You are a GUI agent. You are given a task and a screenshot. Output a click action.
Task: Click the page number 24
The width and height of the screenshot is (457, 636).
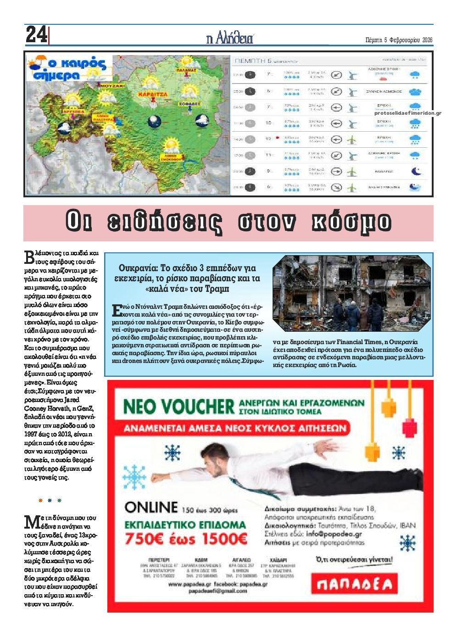36,35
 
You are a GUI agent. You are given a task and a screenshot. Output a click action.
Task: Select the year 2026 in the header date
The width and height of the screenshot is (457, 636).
427,40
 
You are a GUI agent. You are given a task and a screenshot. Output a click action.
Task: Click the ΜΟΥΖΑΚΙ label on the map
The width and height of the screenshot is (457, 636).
112,85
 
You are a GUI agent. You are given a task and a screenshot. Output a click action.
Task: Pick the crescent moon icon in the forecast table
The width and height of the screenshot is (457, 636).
415,171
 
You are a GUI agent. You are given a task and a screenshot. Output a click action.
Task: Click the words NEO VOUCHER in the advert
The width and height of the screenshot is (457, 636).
178,407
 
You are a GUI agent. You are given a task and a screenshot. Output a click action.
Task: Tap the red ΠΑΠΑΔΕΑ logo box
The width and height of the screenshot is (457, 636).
355,584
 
